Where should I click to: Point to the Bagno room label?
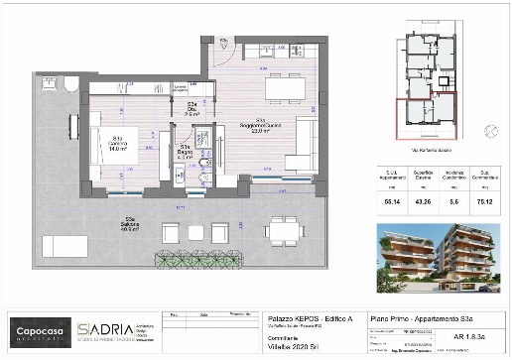(185, 152)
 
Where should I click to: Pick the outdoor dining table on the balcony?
(282, 231)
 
